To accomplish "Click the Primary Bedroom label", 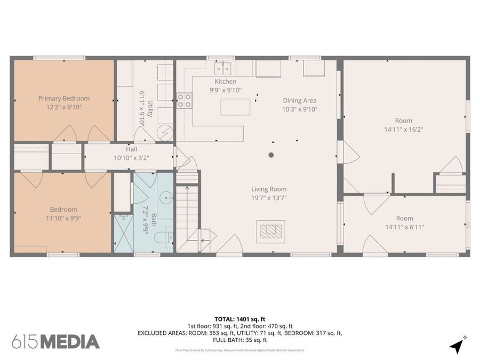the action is point(64,99).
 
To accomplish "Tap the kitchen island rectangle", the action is point(235,107).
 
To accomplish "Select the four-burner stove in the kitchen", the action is point(185,101).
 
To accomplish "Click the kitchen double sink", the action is point(222,69).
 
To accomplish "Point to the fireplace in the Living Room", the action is point(270,231).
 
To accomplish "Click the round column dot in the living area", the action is point(271,155).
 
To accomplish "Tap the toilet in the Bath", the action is point(164,237).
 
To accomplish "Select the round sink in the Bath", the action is point(166,198).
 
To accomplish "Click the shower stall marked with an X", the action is point(124,234).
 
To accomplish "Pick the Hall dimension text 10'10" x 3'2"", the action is point(132,158).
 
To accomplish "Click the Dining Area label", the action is point(300,100).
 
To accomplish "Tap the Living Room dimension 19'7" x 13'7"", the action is point(269,198).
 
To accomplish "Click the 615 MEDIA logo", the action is point(55,342).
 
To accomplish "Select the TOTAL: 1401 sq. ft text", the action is point(239,319).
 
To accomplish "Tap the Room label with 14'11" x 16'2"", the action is point(404,121).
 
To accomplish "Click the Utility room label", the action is point(150,109).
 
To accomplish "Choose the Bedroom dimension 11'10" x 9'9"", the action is point(63,218).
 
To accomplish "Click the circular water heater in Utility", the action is point(165,132).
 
